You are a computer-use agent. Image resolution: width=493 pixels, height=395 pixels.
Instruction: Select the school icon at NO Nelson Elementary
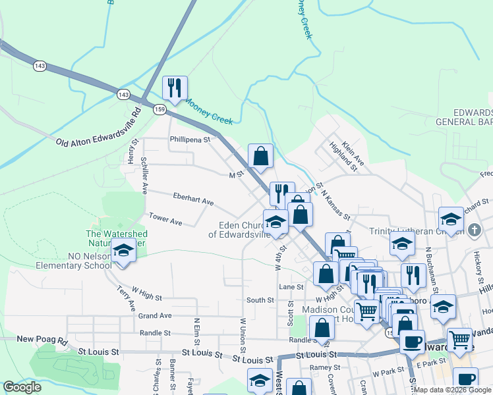click(123, 251)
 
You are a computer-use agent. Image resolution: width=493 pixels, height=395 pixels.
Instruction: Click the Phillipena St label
click(189, 140)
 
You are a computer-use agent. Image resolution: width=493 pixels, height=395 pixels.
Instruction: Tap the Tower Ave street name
click(165, 219)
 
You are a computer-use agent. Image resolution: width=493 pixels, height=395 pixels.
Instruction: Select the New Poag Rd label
click(43, 339)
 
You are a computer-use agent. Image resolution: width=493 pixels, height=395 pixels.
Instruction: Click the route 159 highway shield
click(159, 109)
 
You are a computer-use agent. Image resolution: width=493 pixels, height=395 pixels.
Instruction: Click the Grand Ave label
click(155, 316)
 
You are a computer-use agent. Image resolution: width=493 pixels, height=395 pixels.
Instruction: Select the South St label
click(260, 300)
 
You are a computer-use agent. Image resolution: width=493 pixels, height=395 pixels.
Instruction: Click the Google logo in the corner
click(22, 387)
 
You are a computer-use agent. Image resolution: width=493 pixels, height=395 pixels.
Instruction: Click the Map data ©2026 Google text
click(451, 390)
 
